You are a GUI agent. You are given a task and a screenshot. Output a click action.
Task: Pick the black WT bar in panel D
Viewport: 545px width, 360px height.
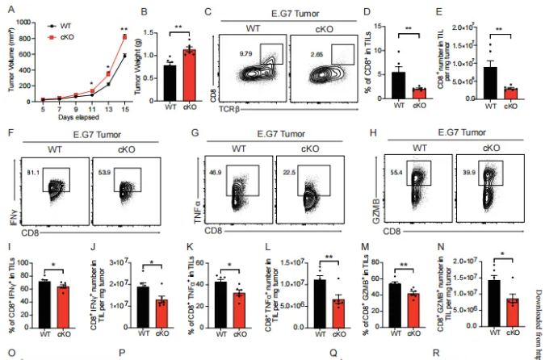click(x=397, y=84)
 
